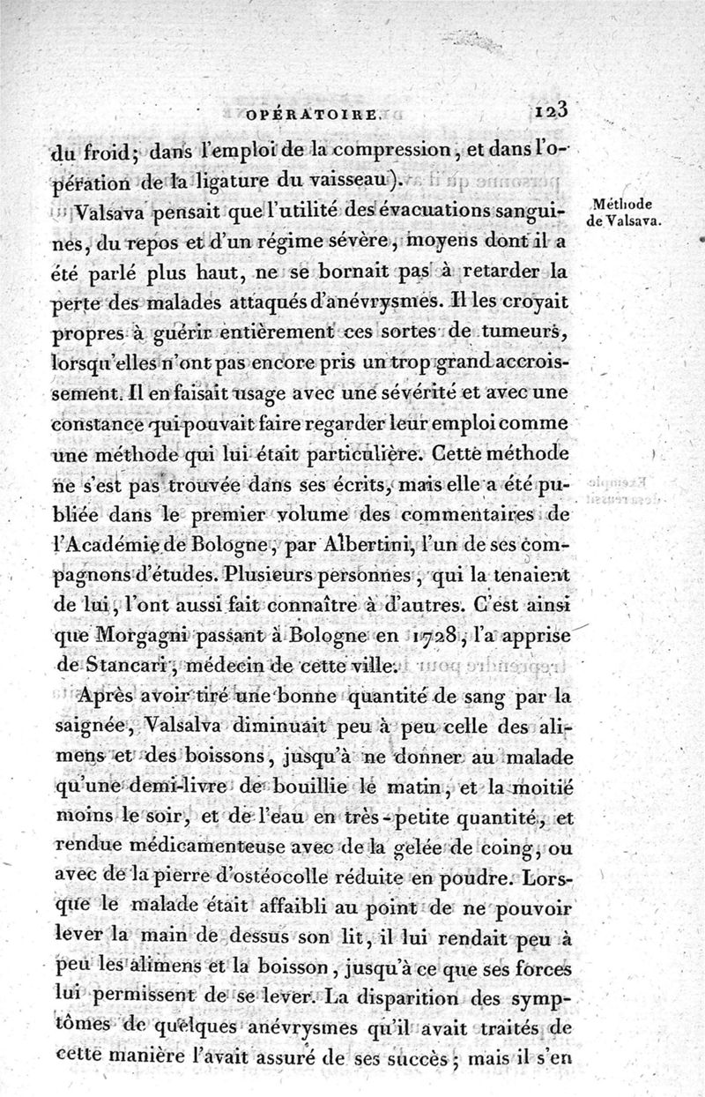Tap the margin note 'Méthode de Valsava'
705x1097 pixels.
[623, 213]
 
